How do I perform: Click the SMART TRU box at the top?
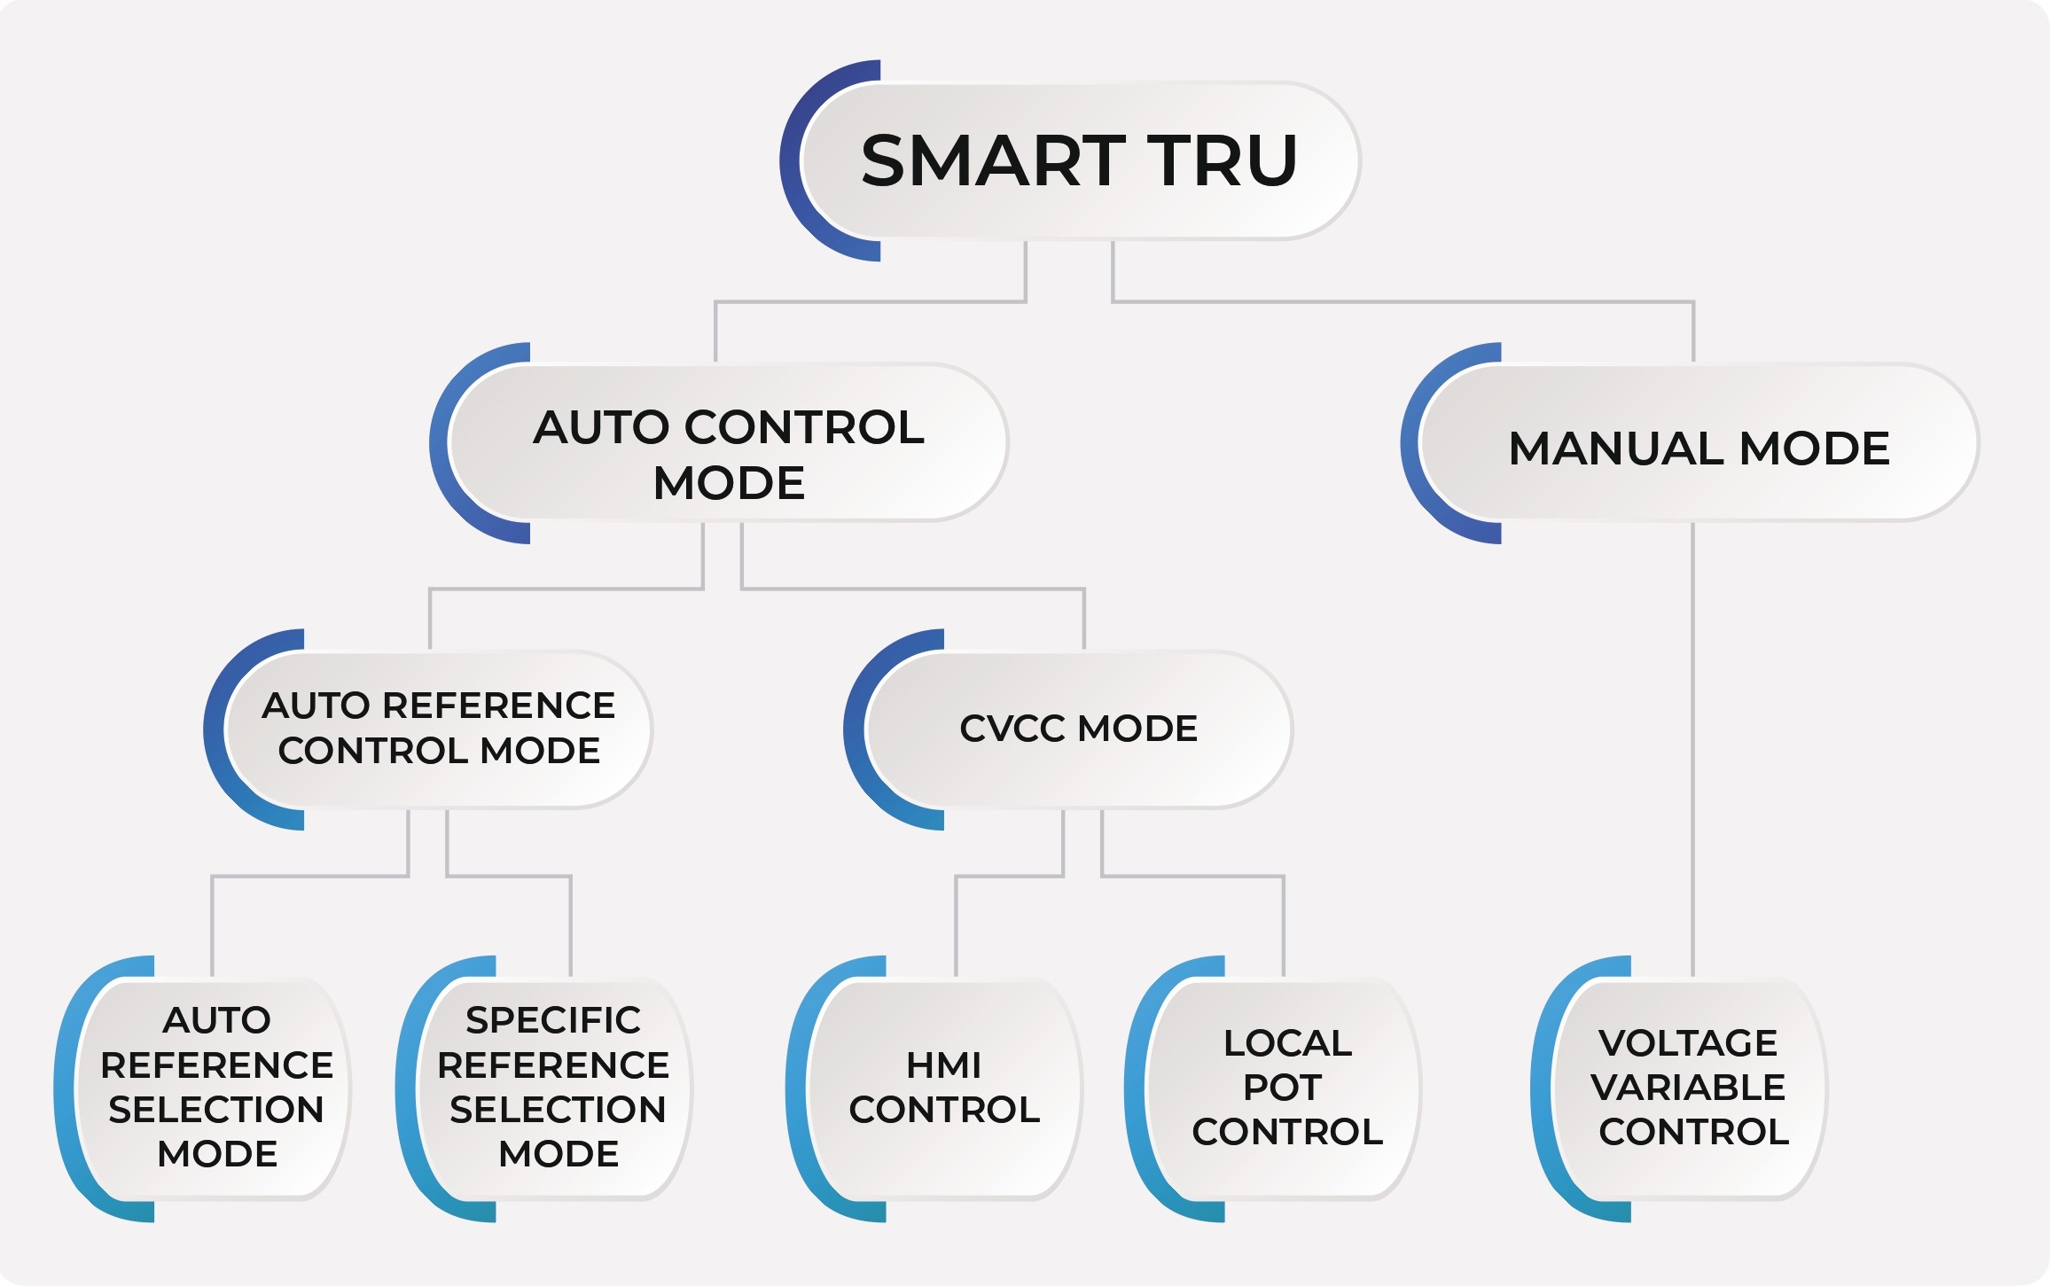pyautogui.click(x=1080, y=160)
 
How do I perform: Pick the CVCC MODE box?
pyautogui.click(x=1078, y=729)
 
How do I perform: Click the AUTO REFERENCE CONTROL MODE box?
pyautogui.click(x=439, y=729)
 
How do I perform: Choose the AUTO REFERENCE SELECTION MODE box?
pyautogui.click(x=216, y=1087)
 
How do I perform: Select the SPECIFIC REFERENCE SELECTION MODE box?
pyautogui.click(x=555, y=1087)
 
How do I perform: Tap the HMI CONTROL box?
pyautogui.click(x=944, y=1087)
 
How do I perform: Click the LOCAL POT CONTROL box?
pyautogui.click(x=1286, y=1087)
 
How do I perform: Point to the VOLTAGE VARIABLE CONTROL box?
pyautogui.click(x=1690, y=1087)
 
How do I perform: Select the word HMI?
pyautogui.click(x=943, y=1065)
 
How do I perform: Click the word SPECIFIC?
pyautogui.click(x=553, y=1020)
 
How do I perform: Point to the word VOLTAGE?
pyautogui.click(x=1688, y=1043)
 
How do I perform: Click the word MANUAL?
pyautogui.click(x=1617, y=448)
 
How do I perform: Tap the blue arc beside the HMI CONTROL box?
pyautogui.click(x=797, y=1088)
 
